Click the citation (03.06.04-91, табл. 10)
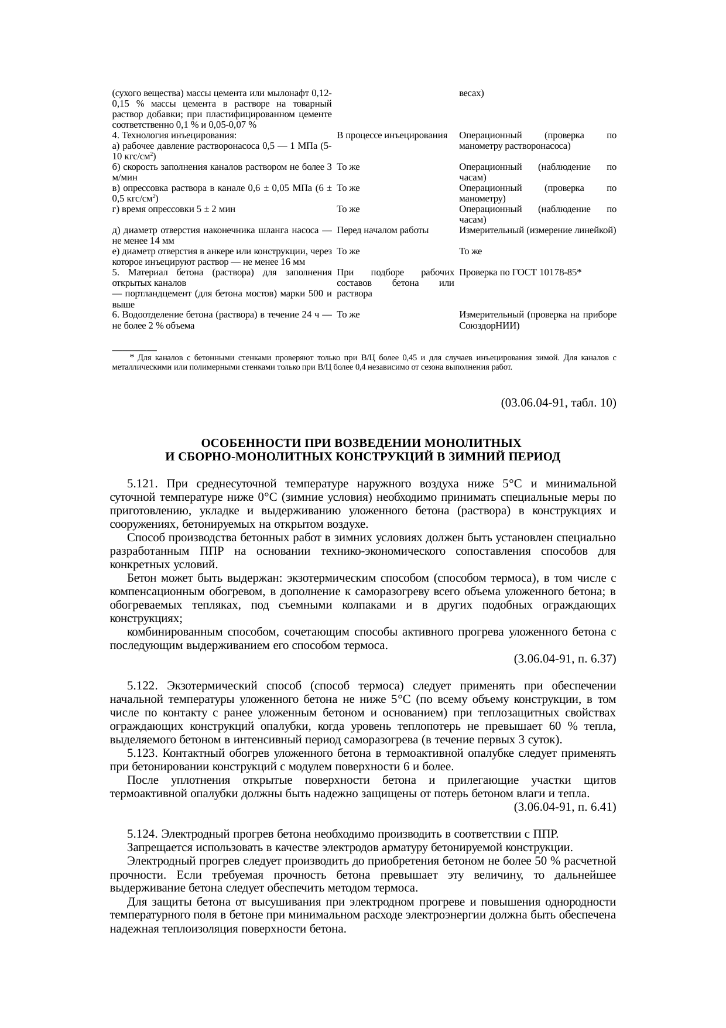(558, 403)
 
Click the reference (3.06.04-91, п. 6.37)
(564, 659)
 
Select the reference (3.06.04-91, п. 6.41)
(564, 807)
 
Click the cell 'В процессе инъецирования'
(392, 135)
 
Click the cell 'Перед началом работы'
(383, 230)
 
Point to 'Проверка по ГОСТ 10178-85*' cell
(520, 272)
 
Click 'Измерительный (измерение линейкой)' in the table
(537, 230)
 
